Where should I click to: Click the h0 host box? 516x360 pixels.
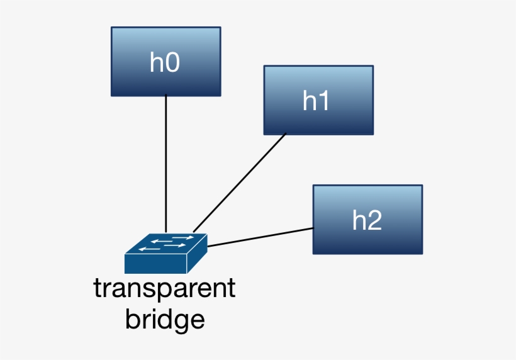point(165,61)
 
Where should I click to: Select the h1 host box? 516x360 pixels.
point(318,99)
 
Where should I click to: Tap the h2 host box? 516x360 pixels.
point(367,219)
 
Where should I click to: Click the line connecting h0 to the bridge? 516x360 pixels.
point(165,164)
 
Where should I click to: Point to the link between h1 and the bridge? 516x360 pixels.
point(239,183)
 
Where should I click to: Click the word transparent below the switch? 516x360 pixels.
point(164,290)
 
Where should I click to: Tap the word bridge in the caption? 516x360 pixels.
point(165,319)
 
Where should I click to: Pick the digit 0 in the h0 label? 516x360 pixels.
point(173,63)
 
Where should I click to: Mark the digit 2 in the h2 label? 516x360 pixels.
point(375,220)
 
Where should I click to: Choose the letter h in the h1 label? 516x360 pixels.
point(310,101)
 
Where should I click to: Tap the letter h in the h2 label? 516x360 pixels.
point(359,220)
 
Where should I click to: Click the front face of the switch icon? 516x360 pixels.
point(155,264)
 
